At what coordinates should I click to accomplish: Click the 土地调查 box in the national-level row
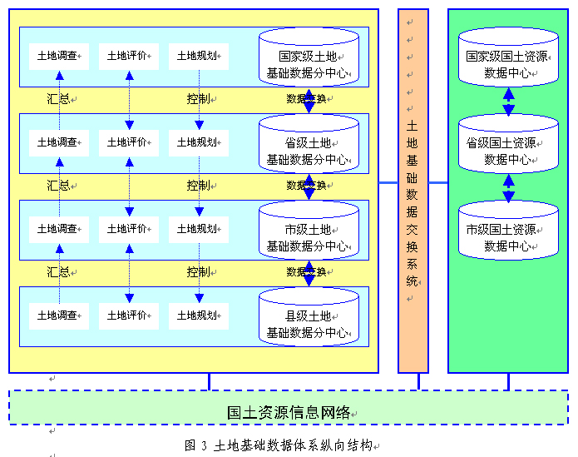(58, 56)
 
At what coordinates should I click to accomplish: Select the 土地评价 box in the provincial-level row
(128, 142)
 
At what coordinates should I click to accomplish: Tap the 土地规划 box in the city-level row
(198, 229)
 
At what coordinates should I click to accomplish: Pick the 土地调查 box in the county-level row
(58, 315)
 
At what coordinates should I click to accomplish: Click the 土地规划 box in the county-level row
(198, 315)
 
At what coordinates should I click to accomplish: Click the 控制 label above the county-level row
(198, 272)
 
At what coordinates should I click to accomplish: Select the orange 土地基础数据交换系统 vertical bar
(413, 191)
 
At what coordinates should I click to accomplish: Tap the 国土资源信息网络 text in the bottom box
(289, 412)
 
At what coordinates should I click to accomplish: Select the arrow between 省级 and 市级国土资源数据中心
(509, 188)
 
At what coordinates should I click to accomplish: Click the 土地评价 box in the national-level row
(128, 56)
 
